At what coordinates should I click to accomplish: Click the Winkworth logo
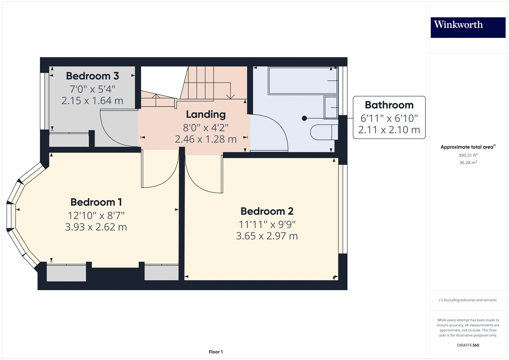[x=468, y=27]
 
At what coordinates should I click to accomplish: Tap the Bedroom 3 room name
[x=92, y=76]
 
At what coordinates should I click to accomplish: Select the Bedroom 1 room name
[x=96, y=202]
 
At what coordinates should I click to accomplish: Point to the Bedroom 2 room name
[x=267, y=211]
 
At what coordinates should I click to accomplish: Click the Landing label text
[x=206, y=115]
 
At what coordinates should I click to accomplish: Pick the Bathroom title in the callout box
[x=389, y=105]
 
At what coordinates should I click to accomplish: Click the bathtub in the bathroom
[x=303, y=80]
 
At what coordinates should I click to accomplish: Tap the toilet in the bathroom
[x=324, y=132]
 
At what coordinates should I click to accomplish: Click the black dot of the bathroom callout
[x=304, y=118]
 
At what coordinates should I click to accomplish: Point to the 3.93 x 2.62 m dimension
[x=96, y=227]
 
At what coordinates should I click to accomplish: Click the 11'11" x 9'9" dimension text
[x=267, y=224]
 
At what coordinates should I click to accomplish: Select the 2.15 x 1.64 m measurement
[x=92, y=101]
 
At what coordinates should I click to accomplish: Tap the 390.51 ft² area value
[x=468, y=155]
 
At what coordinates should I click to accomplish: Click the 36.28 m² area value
[x=468, y=163]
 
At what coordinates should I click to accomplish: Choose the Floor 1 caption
[x=216, y=352]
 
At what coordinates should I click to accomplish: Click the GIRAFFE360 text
[x=468, y=345]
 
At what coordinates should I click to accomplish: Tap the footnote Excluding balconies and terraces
[x=468, y=300]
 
